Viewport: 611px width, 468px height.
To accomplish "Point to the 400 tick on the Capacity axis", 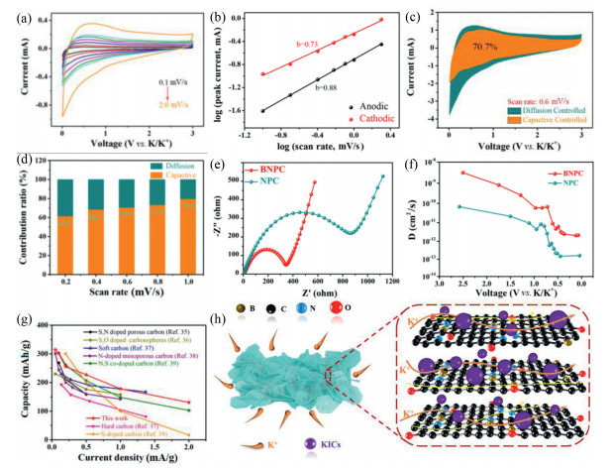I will click(x=40, y=326).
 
